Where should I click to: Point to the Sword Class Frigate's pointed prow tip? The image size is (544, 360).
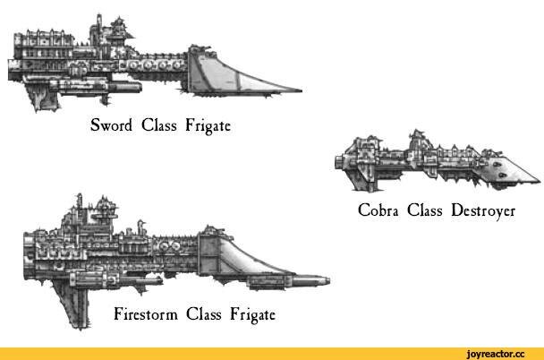(299, 90)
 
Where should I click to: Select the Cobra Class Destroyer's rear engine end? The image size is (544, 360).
(336, 163)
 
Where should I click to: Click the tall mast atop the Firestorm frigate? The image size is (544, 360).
(79, 204)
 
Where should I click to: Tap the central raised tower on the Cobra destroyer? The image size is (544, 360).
(415, 141)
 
